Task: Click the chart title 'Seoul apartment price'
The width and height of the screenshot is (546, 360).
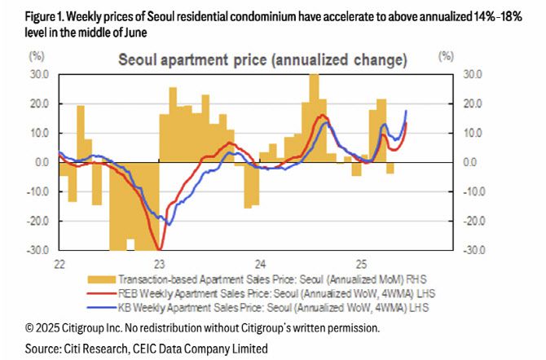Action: coord(262,60)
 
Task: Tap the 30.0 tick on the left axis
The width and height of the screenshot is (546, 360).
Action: coord(38,75)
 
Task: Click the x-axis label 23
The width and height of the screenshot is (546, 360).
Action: coord(159,265)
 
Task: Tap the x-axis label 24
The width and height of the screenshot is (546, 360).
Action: coord(260,265)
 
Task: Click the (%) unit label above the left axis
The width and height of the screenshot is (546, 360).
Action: coord(37,57)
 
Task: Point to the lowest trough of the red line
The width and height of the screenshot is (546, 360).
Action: coord(160,248)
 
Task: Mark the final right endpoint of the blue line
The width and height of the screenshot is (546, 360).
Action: coord(407,111)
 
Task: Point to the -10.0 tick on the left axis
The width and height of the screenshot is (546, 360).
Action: coord(38,192)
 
